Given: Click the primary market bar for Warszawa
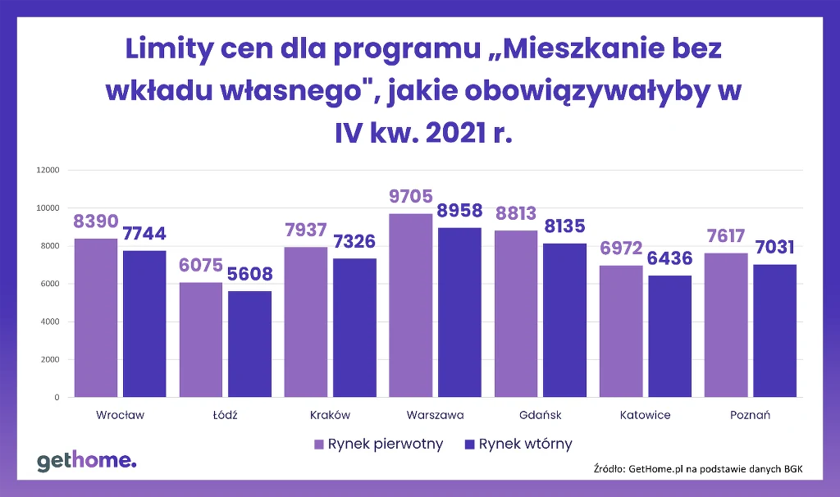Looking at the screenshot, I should pos(411,306).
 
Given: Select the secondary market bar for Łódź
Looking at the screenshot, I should pos(249,344).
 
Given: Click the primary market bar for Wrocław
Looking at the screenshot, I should pos(96,318).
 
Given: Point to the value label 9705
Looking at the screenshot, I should pos(410,197).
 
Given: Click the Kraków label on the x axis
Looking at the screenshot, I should pos(331,415).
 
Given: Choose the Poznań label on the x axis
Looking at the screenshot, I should pos(750,415).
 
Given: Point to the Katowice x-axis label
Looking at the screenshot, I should pos(645,415).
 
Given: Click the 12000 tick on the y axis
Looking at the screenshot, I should pos(47,171).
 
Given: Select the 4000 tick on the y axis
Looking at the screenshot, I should pos(49,321).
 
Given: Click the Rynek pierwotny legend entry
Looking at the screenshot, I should pos(378,445).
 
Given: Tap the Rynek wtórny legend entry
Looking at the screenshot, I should pos(518,445).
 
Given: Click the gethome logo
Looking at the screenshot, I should pos(86,462).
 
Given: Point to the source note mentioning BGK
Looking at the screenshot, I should pos(697,468).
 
